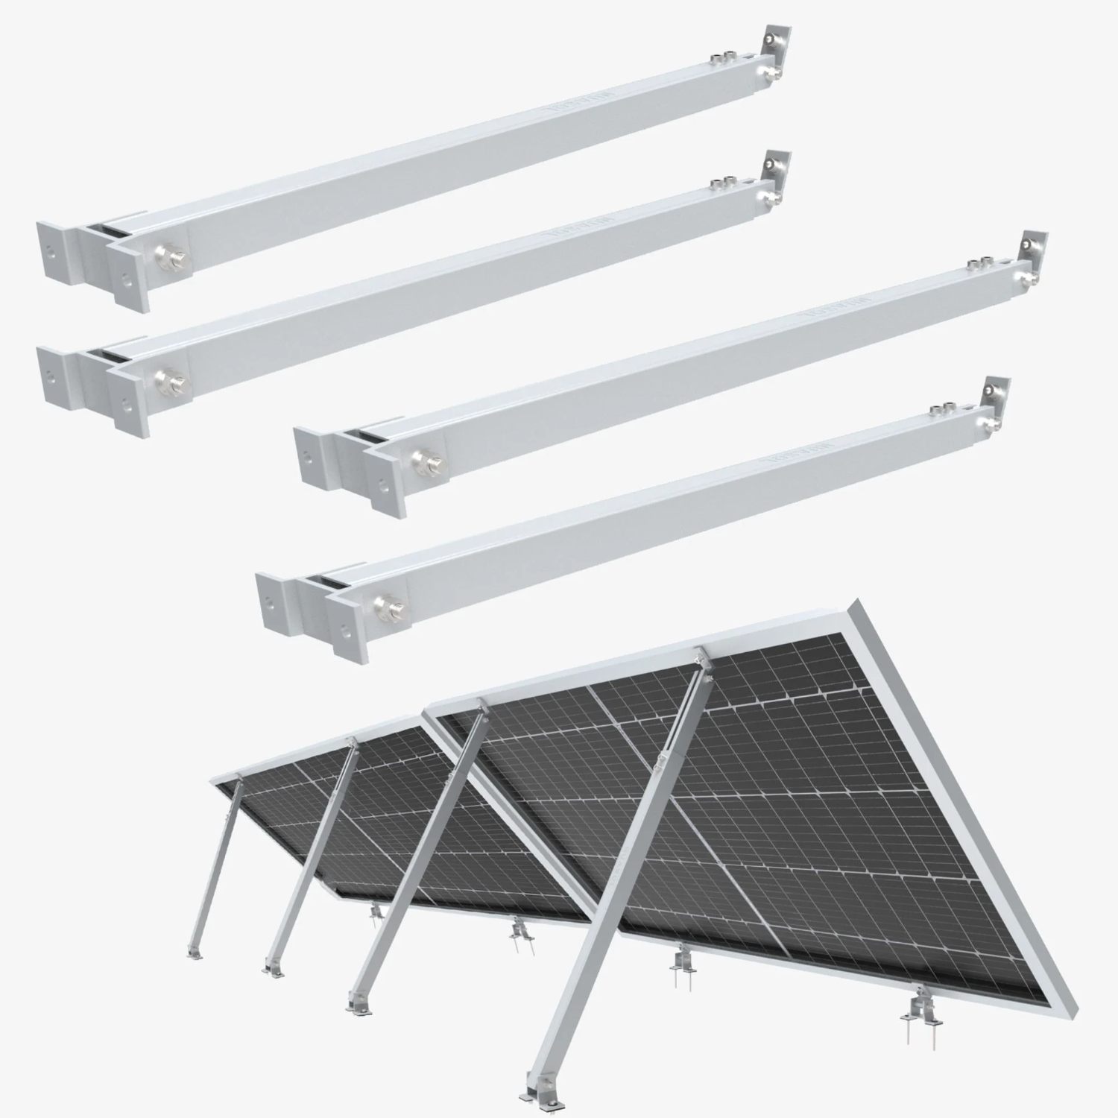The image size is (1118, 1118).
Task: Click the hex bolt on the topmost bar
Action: [x=162, y=258]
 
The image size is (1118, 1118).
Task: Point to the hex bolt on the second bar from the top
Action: [x=162, y=382]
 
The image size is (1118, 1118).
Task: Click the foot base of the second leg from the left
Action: [x=272, y=969]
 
